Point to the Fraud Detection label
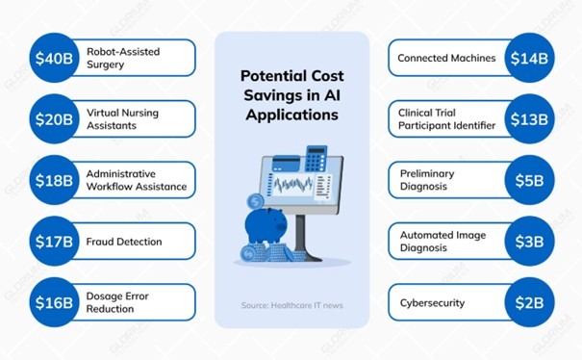pyautogui.click(x=124, y=242)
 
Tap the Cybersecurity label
pyautogui.click(x=432, y=303)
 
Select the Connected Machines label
pyautogui.click(x=446, y=58)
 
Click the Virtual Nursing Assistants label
pyautogui.click(x=122, y=119)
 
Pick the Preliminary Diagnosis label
pyautogui.click(x=427, y=180)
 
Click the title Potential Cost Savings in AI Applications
pyautogui.click(x=291, y=92)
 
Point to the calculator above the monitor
pyautogui.click(x=316, y=157)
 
